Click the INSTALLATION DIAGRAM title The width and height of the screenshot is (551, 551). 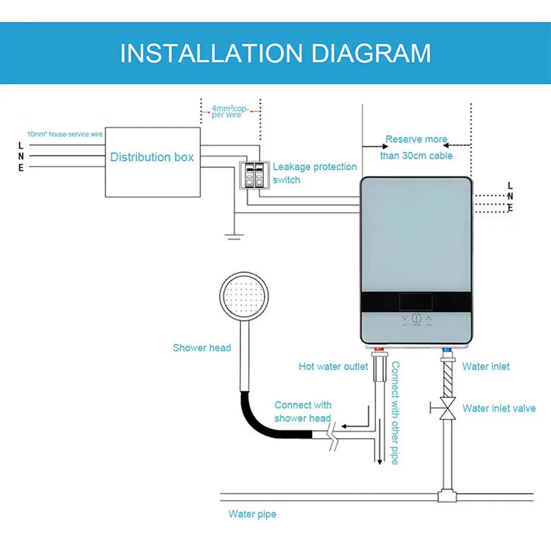pos(275,53)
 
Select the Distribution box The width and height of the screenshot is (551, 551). pos(152,157)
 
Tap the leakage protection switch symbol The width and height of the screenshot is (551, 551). pos(253,174)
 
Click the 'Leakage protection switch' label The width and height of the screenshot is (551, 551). pos(315,173)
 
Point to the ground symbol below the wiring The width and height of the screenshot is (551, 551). pos(233,236)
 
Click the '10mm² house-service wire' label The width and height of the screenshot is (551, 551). pos(65,134)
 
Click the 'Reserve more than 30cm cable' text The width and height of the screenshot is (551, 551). pos(417,147)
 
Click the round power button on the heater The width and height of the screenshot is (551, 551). pos(416,320)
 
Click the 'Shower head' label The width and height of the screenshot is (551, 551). pos(202,348)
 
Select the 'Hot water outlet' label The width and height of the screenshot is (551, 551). pos(333,366)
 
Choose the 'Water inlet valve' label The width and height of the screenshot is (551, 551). pos(499,408)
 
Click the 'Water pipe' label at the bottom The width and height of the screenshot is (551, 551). pos(252,514)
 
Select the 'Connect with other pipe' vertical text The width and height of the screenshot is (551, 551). pos(395,413)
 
